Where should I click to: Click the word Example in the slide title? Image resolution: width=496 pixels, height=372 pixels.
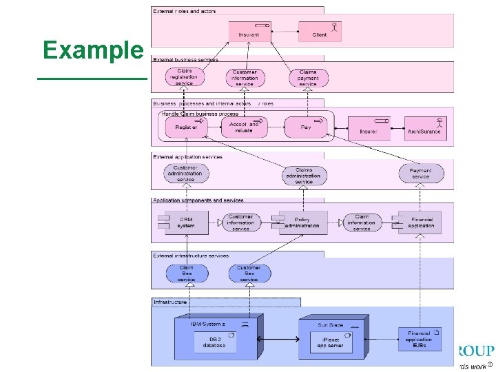pos(92,50)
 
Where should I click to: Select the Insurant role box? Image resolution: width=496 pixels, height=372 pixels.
pos(249,31)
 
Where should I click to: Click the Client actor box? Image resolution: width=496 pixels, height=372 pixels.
pos(320,31)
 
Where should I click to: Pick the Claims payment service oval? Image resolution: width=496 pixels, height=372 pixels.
pos(309,77)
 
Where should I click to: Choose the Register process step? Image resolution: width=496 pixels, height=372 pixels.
pos(186,127)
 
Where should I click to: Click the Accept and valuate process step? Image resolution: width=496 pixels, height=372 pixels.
pos(244,127)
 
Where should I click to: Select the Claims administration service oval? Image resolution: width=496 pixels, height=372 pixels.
pos(304,175)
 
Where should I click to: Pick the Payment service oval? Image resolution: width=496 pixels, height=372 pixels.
pos(421,174)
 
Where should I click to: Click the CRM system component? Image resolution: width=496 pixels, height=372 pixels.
pos(187,223)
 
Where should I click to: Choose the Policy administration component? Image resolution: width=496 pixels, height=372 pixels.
pos(303,223)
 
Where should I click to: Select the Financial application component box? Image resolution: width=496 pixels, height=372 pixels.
pos(420,223)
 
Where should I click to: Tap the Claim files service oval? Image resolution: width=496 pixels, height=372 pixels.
pos(186,273)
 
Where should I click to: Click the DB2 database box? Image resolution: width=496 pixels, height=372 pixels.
pos(214,342)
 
